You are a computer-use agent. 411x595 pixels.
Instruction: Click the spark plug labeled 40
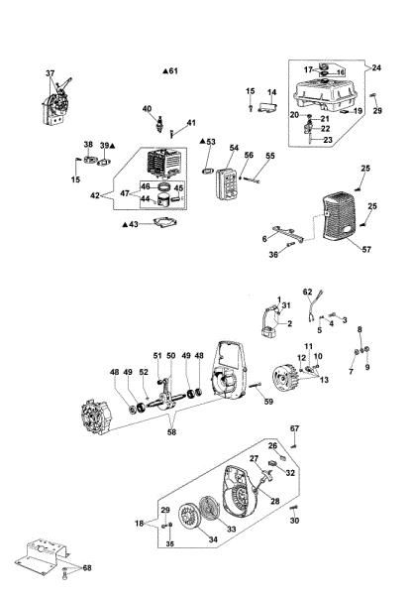point(154,127)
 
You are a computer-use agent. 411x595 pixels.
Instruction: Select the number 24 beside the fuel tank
point(375,67)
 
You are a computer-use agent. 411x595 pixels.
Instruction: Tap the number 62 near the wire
point(307,292)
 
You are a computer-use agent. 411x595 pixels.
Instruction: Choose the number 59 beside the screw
point(267,402)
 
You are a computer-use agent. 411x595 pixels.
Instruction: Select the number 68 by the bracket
point(87,568)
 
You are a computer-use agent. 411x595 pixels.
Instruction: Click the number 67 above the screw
point(294,428)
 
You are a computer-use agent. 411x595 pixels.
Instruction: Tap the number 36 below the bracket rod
point(273,254)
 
